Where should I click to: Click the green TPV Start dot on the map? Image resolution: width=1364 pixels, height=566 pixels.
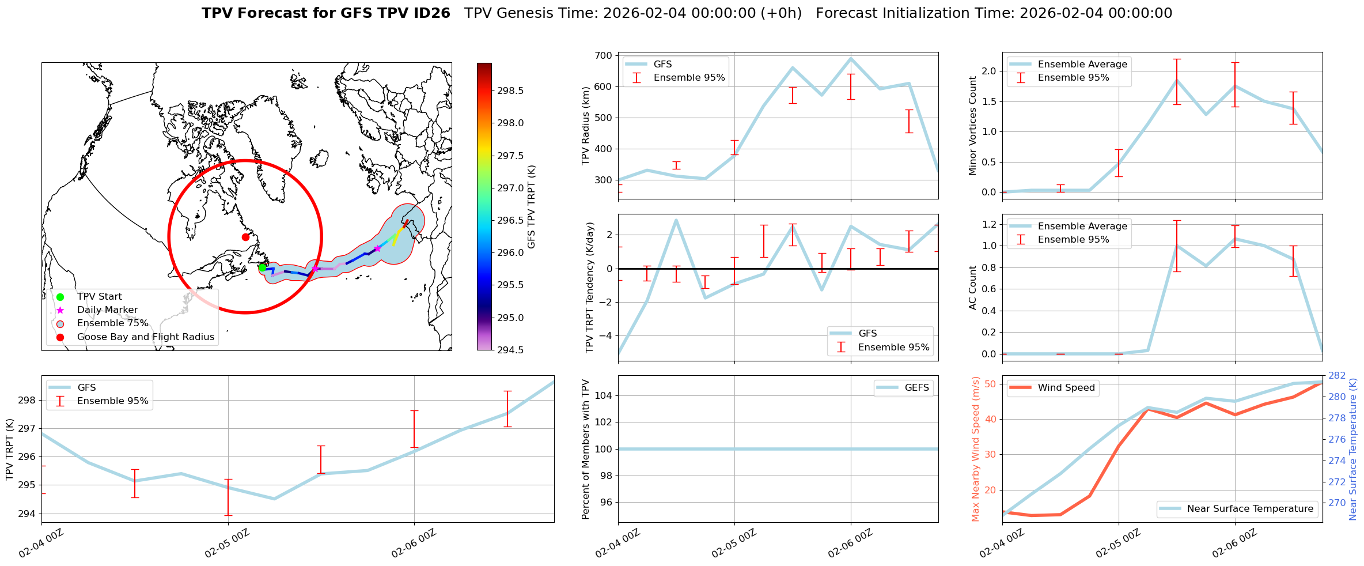coord(262,267)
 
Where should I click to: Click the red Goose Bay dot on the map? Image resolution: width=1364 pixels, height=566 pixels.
coord(245,237)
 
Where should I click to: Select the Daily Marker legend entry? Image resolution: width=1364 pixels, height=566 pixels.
coord(107,310)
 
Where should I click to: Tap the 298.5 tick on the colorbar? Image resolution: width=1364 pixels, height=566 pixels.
coord(511,90)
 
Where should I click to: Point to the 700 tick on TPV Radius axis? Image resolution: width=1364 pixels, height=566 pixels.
coord(604,56)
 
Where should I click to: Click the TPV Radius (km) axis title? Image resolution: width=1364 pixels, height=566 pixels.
coord(586,126)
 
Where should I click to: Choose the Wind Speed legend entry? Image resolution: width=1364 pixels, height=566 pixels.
coord(1066,388)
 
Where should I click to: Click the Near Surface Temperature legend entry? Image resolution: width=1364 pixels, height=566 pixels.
coord(1250,509)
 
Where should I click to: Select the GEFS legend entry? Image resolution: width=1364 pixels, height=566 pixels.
coord(916,388)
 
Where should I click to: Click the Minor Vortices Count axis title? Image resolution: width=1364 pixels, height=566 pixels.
coord(973,126)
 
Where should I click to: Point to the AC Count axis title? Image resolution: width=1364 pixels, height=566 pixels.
coord(973,288)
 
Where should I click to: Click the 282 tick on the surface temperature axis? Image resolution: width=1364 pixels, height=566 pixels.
coord(1337,376)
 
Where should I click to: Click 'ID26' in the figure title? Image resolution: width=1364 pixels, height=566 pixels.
coord(432,13)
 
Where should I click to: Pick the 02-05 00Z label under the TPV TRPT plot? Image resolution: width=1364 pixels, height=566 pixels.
coord(227,544)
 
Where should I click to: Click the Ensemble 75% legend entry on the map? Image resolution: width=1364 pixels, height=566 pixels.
coord(112,323)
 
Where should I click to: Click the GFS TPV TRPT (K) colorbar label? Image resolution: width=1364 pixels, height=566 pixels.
coord(531,206)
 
